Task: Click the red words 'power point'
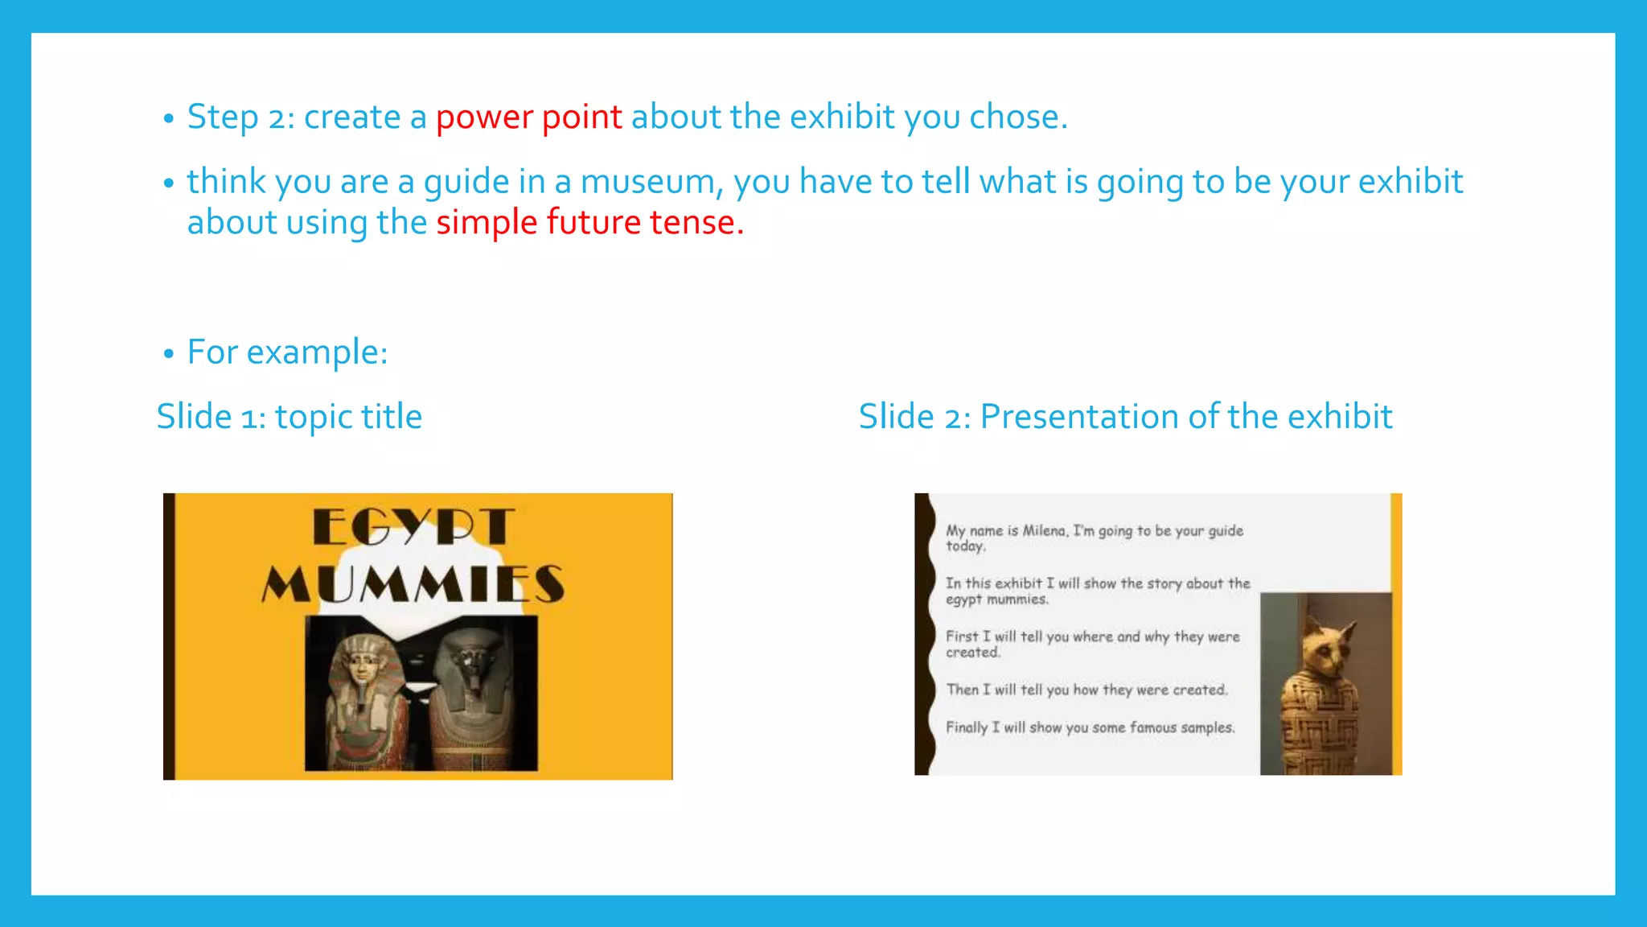click(x=528, y=117)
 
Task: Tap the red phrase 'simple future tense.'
click(x=589, y=223)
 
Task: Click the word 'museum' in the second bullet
click(x=647, y=182)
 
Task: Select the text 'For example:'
click(x=287, y=352)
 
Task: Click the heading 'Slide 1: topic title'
click(x=289, y=417)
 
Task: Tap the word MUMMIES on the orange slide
click(x=413, y=583)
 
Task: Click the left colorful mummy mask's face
click(x=361, y=665)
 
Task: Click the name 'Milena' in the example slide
click(x=1043, y=531)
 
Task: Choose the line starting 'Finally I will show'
click(x=1090, y=727)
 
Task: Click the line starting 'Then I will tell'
click(x=1086, y=690)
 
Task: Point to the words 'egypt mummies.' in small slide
click(x=996, y=599)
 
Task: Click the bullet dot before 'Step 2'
click(x=168, y=119)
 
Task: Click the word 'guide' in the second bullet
click(x=466, y=182)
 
